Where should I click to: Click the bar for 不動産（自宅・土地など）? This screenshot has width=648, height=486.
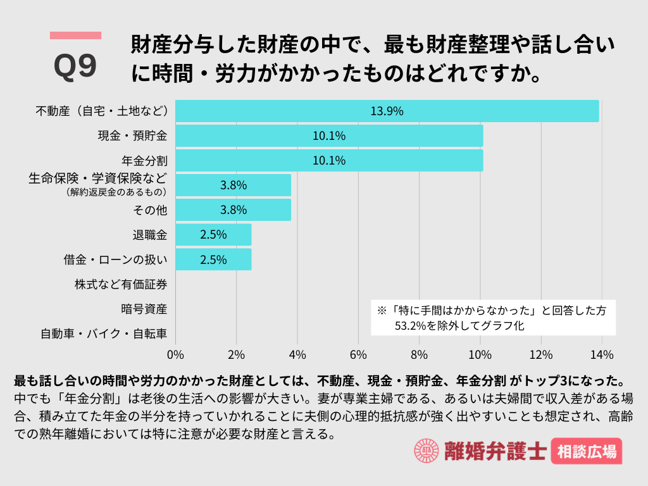pyautogui.click(x=387, y=111)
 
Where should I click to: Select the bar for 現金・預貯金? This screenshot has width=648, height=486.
pyautogui.click(x=328, y=135)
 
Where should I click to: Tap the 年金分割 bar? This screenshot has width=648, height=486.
pyautogui.click(x=328, y=161)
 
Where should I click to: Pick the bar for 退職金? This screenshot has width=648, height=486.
pyautogui.click(x=213, y=235)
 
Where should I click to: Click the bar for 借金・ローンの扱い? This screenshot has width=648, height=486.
pyautogui.click(x=213, y=259)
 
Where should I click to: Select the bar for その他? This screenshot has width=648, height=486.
pyautogui.click(x=233, y=210)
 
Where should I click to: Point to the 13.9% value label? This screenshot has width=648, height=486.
pyautogui.click(x=387, y=111)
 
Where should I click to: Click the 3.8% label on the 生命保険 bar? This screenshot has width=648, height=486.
pyautogui.click(x=233, y=185)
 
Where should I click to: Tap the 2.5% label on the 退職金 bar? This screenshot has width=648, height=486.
pyautogui.click(x=213, y=235)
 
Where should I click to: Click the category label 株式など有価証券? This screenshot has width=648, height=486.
pyautogui.click(x=121, y=285)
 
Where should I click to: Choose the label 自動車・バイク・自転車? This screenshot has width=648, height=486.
pyautogui.click(x=104, y=333)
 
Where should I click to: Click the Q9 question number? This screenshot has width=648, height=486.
pyautogui.click(x=75, y=65)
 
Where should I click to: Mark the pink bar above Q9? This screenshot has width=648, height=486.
pyautogui.click(x=75, y=35)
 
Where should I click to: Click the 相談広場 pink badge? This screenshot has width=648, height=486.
pyautogui.click(x=586, y=452)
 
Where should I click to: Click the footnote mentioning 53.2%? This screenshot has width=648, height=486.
pyautogui.click(x=492, y=318)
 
